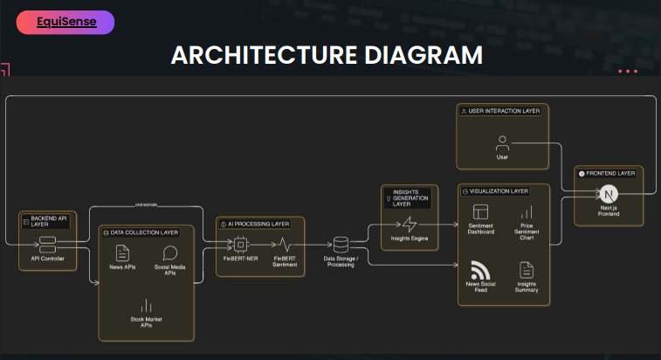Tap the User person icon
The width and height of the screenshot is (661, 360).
click(502, 142)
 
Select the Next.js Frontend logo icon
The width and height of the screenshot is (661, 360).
click(609, 194)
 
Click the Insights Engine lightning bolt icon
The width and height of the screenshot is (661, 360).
click(407, 224)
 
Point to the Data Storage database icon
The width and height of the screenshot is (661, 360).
click(341, 245)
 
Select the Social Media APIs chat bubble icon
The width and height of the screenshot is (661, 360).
click(170, 253)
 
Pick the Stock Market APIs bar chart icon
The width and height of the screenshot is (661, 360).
click(146, 307)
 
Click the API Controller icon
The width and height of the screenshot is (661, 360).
click(47, 244)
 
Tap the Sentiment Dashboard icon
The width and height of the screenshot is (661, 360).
click(479, 212)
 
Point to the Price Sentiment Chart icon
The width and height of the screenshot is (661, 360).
click(527, 212)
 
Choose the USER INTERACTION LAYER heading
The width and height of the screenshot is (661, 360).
click(499, 111)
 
